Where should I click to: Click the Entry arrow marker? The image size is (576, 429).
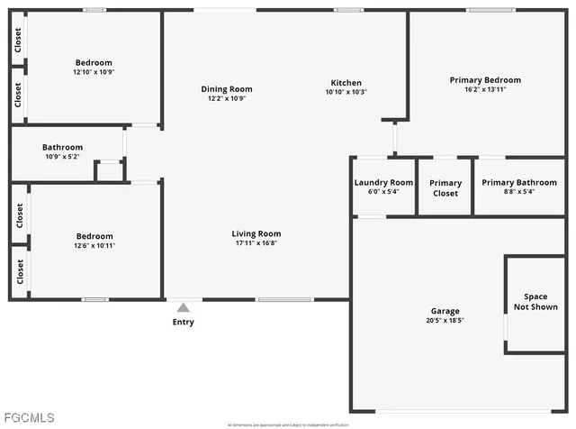[x=184, y=307]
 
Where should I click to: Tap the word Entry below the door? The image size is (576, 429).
[x=184, y=322]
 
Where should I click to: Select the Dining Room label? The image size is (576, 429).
[x=226, y=89]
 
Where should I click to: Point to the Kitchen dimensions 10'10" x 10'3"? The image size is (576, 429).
[x=346, y=92]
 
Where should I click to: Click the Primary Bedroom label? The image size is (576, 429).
[x=485, y=80]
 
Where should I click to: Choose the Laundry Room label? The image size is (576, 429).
[x=383, y=182]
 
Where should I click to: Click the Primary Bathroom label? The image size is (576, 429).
[x=519, y=182]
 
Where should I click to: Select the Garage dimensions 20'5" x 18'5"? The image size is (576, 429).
[x=445, y=320]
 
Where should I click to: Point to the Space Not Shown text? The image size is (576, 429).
[x=535, y=302]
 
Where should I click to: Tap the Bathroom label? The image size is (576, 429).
[x=62, y=147]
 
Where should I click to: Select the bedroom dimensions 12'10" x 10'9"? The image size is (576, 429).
[x=94, y=72]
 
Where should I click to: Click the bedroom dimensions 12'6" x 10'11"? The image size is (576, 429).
[x=94, y=245]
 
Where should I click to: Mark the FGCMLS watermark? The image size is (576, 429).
[x=29, y=417]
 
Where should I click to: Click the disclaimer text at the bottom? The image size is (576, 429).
[x=287, y=424]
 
